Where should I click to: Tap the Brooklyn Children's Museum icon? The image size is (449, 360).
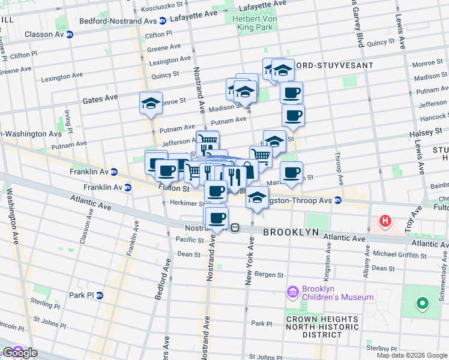tap(293, 292)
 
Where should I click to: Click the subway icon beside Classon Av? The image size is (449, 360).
tap(70, 34)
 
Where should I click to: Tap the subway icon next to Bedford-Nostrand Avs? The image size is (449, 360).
tap(163, 18)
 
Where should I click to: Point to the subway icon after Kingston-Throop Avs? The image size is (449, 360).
tap(338, 200)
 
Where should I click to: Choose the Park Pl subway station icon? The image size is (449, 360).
tap(100, 295)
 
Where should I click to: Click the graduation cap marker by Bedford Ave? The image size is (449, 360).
tap(151, 103)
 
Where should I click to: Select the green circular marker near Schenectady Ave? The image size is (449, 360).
tap(422, 304)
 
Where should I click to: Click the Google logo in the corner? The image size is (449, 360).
tap(19, 353)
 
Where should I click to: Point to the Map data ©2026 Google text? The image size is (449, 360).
tap(411, 355)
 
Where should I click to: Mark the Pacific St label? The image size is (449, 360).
tap(191, 239)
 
